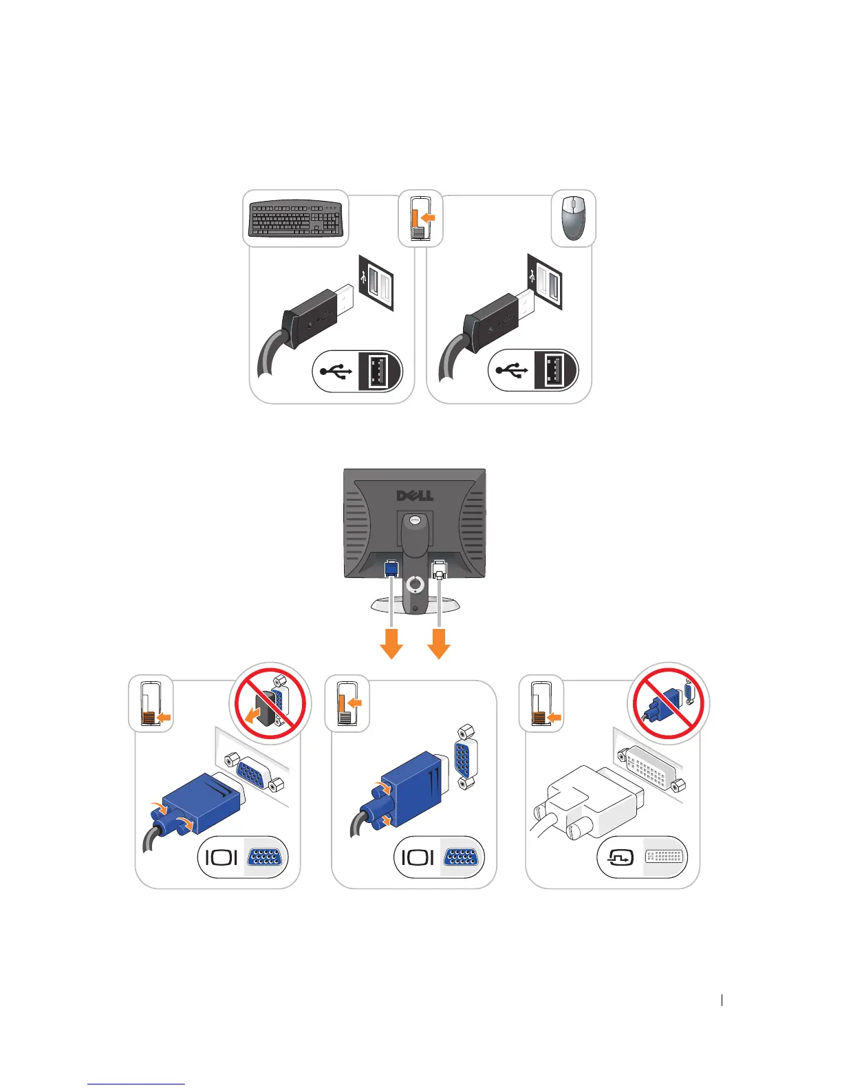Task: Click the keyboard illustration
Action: coord(295,218)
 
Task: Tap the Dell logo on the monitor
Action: coord(415,495)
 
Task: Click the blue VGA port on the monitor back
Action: coord(391,569)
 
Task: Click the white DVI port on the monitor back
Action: coord(439,570)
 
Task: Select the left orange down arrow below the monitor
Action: coord(391,644)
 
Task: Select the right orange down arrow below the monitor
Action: coord(439,644)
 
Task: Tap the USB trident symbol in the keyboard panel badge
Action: coord(335,371)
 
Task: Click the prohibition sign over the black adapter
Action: coord(270,704)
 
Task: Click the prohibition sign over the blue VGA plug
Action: coord(669,703)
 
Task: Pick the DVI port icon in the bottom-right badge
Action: coord(664,857)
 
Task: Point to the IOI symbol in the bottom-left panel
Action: coord(222,857)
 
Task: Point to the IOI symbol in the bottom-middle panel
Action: coord(418,857)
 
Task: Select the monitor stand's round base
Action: coord(415,605)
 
